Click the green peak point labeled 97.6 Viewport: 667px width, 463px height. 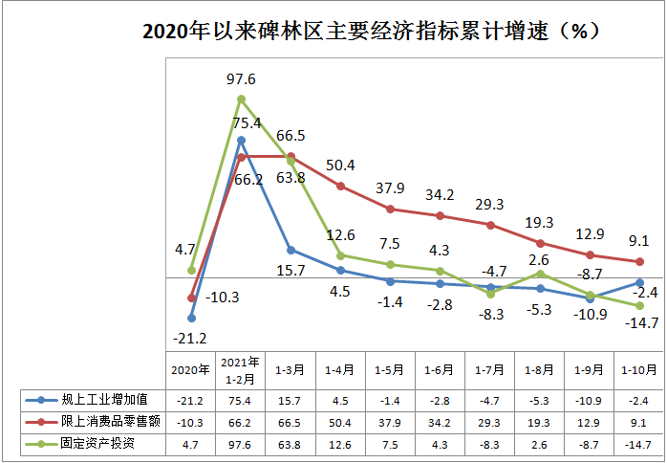[241, 99]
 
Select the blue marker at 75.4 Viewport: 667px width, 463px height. [241, 140]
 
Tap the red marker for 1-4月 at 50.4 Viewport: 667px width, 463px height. [341, 187]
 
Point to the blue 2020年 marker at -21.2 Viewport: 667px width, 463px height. [191, 318]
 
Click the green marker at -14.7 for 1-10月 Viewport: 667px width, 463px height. [639, 305]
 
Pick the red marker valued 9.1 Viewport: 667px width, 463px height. [639, 261]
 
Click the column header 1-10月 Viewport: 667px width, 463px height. [639, 369]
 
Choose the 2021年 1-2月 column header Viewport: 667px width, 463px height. [241, 369]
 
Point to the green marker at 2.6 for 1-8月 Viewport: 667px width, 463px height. [540, 274]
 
